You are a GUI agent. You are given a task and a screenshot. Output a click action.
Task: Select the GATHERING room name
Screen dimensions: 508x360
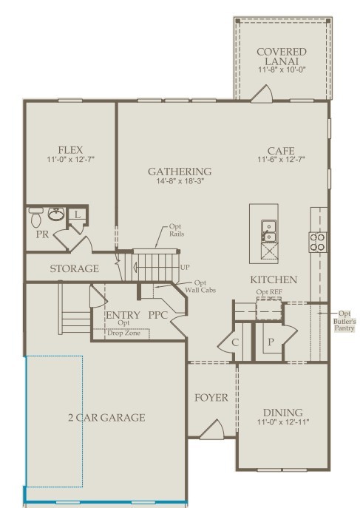[179, 171]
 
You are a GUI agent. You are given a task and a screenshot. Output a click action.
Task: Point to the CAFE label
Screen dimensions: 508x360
[282, 149]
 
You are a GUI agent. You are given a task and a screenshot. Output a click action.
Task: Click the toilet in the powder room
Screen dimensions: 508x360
[35, 217]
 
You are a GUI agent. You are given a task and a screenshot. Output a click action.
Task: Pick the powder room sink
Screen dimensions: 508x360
[57, 215]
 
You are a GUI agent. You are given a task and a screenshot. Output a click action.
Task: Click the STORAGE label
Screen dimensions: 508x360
[74, 268]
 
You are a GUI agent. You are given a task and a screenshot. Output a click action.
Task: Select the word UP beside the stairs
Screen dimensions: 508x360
[186, 266]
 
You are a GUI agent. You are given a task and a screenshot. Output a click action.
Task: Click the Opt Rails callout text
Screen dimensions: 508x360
[176, 230]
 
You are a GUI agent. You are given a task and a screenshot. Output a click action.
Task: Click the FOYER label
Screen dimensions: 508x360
[211, 398]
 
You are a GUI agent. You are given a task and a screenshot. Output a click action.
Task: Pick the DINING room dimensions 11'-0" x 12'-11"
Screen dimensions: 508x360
[284, 423]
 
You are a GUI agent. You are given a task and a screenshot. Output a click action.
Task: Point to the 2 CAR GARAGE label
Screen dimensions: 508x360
[103, 418]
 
